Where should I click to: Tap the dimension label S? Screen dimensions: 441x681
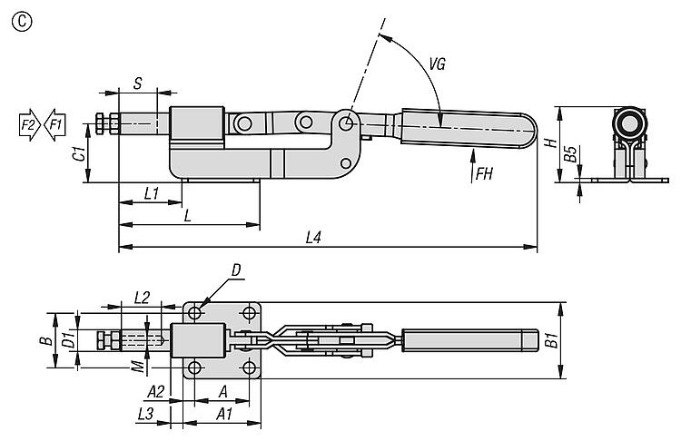(x=137, y=83)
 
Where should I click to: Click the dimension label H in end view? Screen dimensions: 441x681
(x=548, y=143)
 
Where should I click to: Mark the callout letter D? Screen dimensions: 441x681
(x=235, y=269)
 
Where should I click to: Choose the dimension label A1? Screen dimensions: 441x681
(x=221, y=413)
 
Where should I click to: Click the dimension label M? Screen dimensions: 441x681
(x=136, y=366)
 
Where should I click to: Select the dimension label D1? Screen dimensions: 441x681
(x=66, y=341)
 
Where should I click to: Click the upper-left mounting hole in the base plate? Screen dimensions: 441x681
(x=195, y=313)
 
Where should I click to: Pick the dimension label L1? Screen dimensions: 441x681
(x=152, y=192)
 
